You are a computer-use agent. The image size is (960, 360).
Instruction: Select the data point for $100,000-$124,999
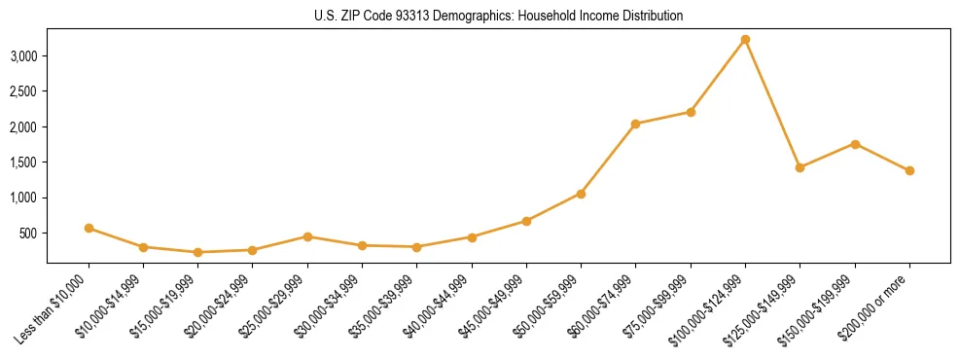pos(745,40)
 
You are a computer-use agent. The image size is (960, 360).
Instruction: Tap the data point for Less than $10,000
pos(89,228)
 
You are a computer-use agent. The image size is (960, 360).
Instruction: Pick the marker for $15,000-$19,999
pos(197,252)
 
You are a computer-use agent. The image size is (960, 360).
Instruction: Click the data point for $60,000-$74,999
pos(635,124)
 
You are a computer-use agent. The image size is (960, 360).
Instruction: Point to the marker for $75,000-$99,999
pos(691,112)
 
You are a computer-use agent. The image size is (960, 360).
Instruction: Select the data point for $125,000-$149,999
pos(800,167)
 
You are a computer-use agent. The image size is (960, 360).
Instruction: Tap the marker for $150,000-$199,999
pos(855,144)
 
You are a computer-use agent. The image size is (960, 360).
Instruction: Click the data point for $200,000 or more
pos(909,170)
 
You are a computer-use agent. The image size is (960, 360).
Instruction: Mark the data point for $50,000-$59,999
pos(581,194)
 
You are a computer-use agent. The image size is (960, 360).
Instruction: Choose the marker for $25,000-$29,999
pos(307,236)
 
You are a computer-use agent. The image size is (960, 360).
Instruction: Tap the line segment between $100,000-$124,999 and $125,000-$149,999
pos(772,104)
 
